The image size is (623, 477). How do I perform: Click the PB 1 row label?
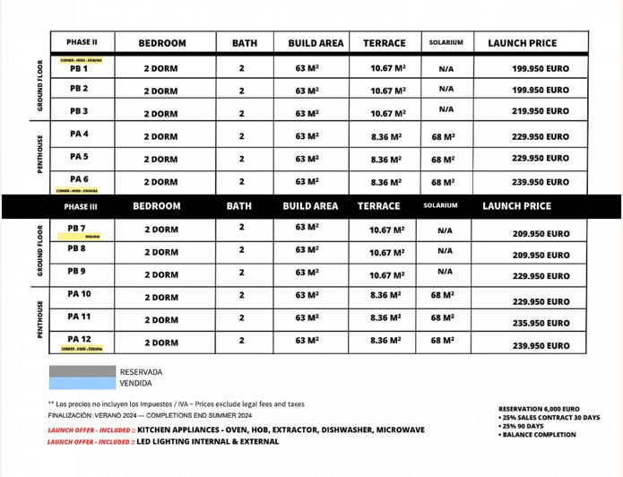coord(79,68)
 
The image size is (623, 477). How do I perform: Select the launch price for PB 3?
coord(540,112)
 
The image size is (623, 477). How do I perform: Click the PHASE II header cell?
coord(82,42)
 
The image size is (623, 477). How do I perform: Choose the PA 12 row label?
coord(80,339)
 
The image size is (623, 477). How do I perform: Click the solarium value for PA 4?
coord(443,137)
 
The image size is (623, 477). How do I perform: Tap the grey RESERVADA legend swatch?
coord(82,371)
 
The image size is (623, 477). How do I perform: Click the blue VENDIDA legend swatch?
coord(82,383)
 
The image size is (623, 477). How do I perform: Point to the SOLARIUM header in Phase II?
coord(446,43)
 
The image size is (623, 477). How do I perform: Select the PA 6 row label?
coord(79,179)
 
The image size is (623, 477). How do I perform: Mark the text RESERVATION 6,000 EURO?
coord(539,409)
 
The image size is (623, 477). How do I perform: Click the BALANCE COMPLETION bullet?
coord(540,435)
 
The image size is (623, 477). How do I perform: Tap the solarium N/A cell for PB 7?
coord(445,230)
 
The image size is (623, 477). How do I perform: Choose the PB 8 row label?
coord(77,248)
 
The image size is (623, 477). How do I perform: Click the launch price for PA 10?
coord(541,302)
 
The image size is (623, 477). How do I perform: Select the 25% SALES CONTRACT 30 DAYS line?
coord(549,418)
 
